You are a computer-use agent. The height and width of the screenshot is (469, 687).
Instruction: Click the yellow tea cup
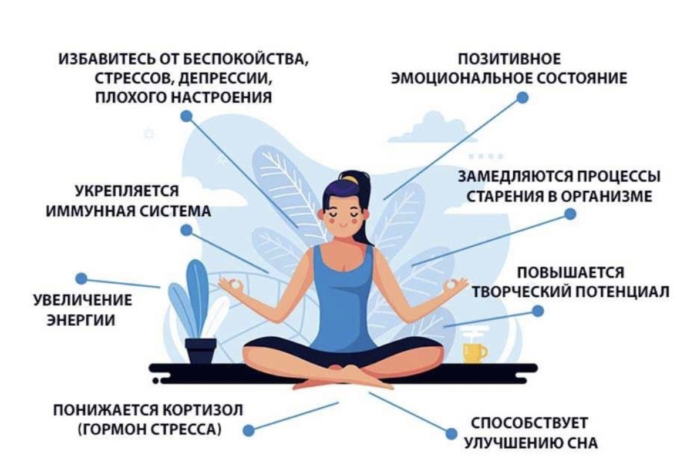474,352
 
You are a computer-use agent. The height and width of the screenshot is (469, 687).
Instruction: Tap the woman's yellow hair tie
351,179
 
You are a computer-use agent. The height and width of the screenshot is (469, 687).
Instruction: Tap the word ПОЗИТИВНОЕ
509,60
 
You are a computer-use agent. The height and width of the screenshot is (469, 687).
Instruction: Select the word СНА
582,443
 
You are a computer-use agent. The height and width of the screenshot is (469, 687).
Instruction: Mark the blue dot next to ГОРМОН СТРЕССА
249,430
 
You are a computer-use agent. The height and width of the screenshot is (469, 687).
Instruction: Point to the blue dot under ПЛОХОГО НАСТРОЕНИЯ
186,116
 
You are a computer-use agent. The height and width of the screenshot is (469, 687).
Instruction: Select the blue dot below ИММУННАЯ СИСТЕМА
186,230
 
